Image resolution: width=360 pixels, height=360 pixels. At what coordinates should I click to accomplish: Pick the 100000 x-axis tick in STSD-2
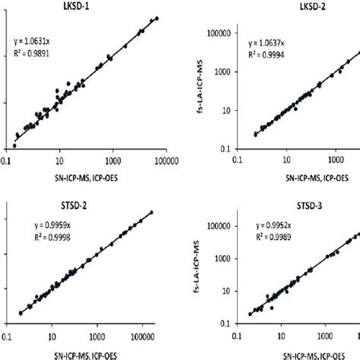141,332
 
